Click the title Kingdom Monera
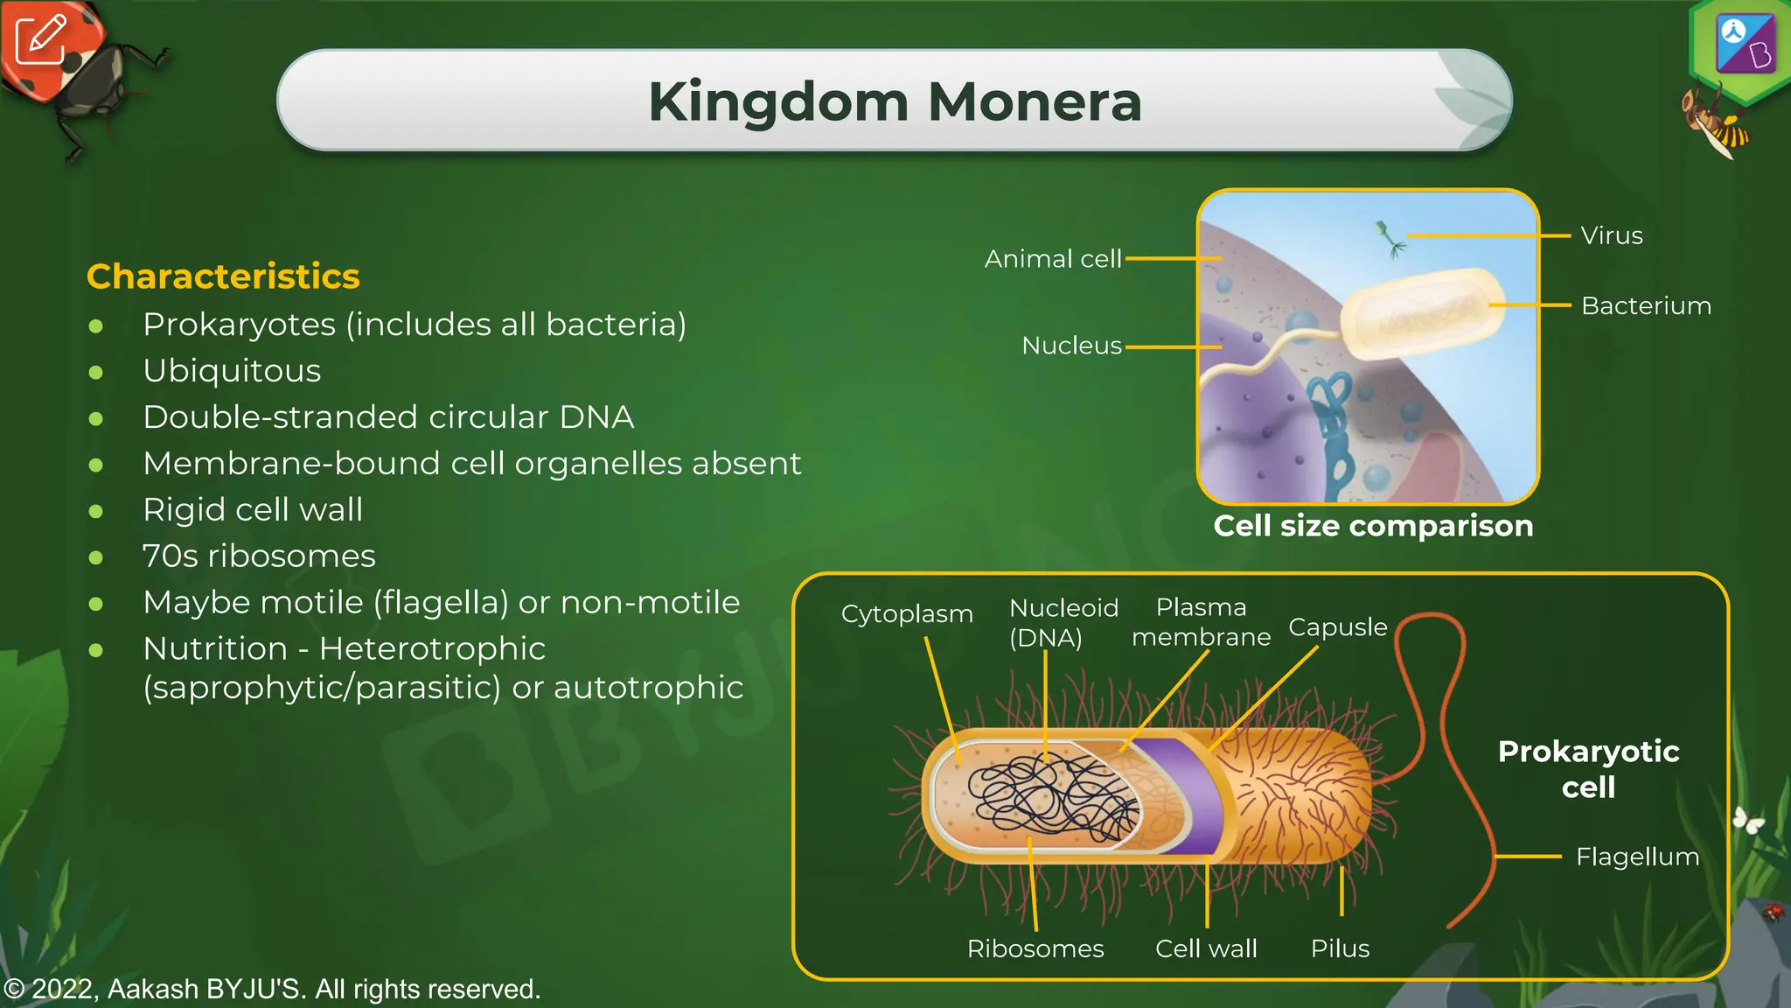(895, 101)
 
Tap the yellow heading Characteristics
(223, 276)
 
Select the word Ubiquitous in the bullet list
(232, 371)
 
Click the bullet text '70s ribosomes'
(259, 556)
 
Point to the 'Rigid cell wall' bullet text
(253, 510)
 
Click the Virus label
(1611, 236)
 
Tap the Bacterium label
(1646, 306)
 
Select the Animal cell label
(1052, 259)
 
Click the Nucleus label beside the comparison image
(1071, 346)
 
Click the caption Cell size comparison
(1373, 526)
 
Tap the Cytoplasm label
(907, 614)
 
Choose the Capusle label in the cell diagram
(1337, 627)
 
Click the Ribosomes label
(1035, 948)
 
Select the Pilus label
(1340, 948)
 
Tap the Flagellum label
(1637, 857)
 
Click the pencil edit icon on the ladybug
(40, 39)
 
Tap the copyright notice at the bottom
(272, 990)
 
